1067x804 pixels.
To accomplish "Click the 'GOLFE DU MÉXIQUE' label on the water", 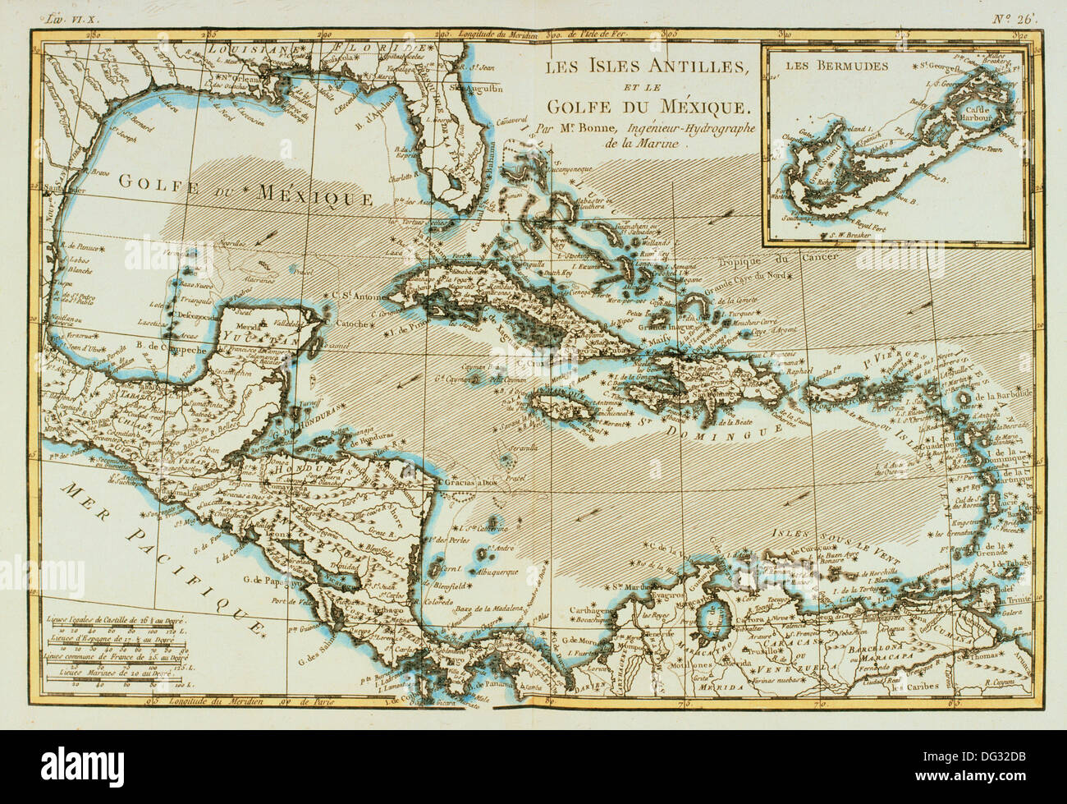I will (246, 191).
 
